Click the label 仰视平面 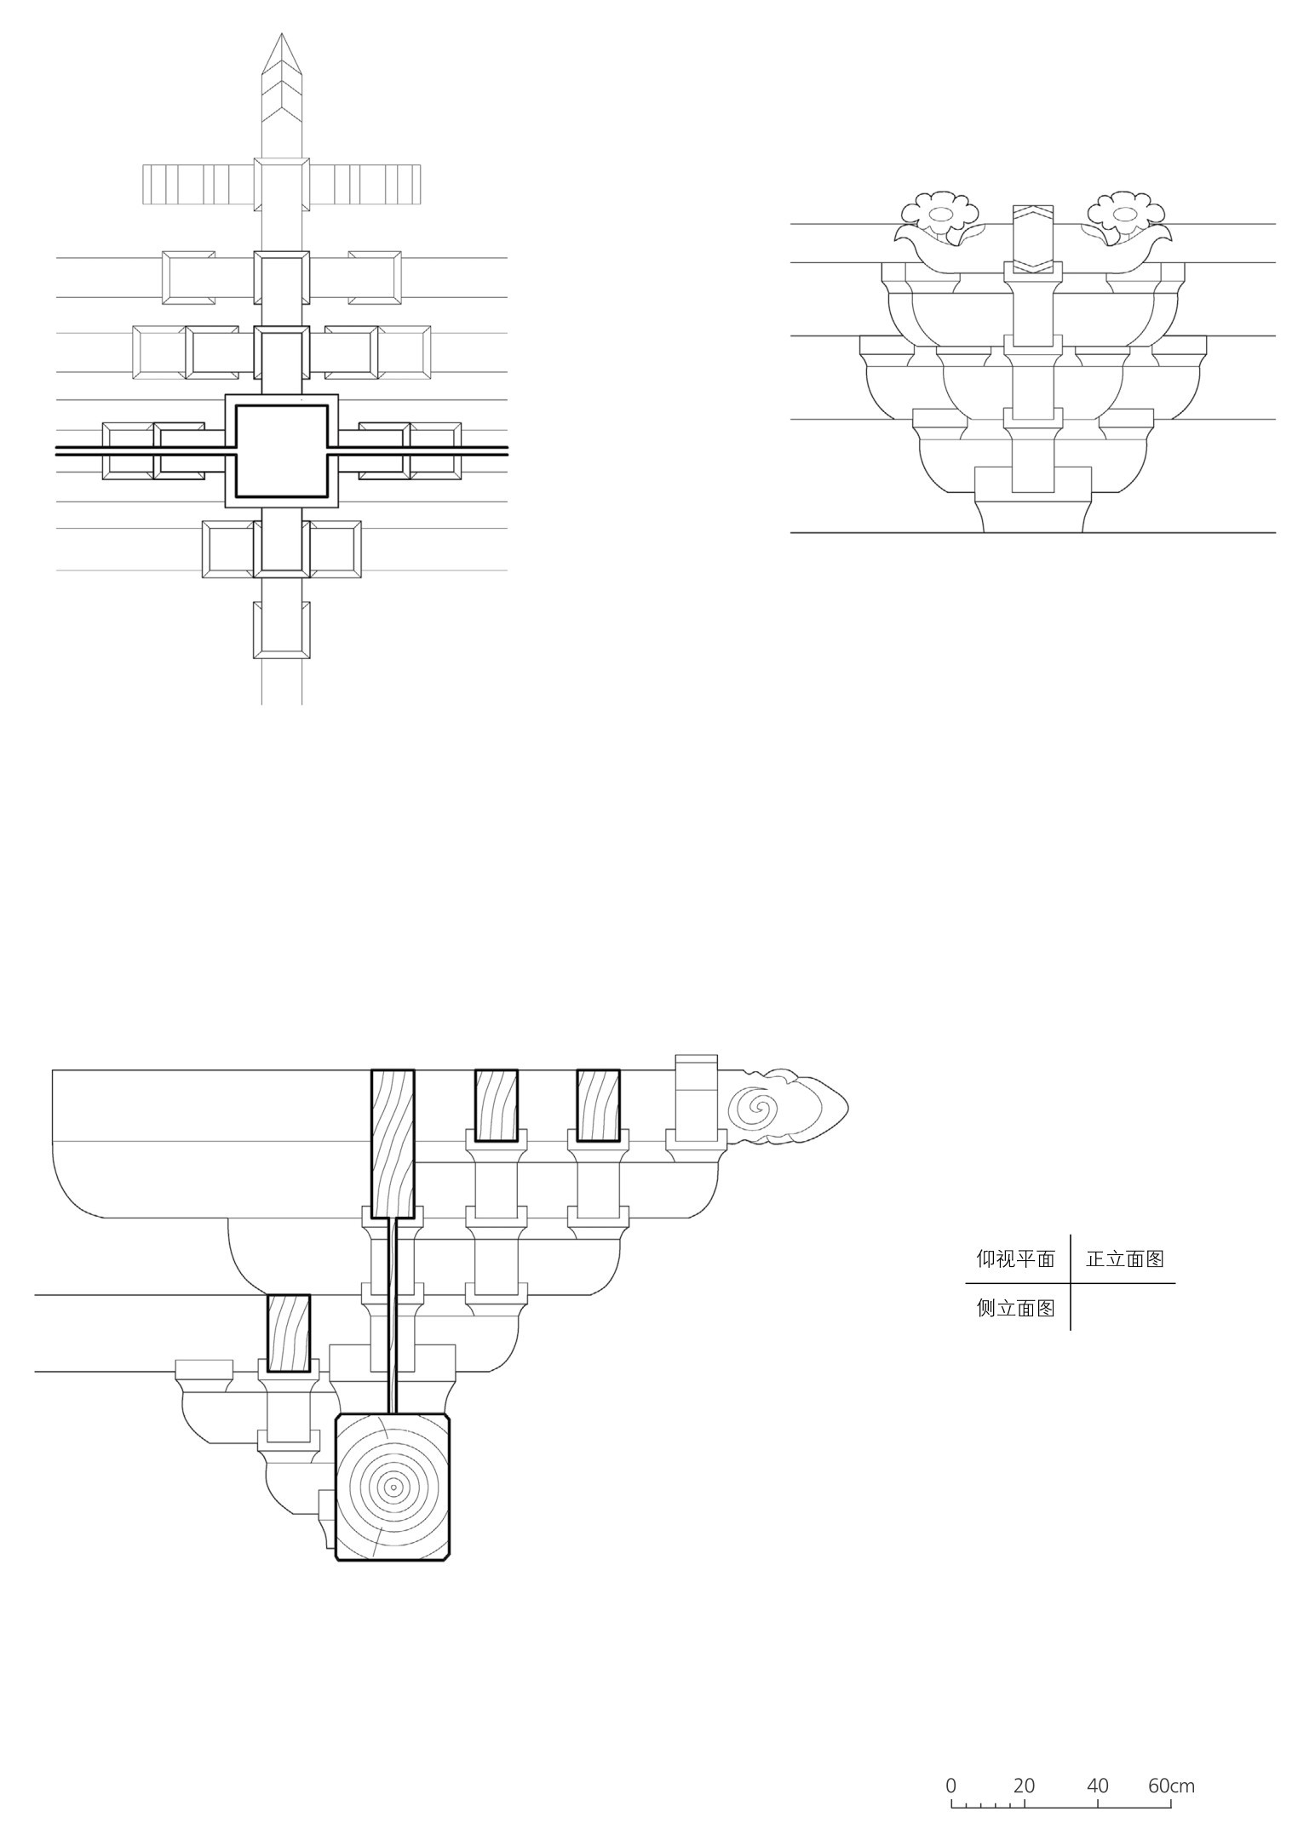(1015, 1258)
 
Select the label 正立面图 (1124, 1258)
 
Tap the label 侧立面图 (1015, 1308)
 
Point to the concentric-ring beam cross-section (393, 1488)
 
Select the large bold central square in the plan (282, 450)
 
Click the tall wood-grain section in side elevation (393, 1144)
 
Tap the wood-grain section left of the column (289, 1333)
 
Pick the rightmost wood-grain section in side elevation (598, 1105)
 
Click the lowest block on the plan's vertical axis (282, 630)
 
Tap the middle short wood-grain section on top (496, 1105)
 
